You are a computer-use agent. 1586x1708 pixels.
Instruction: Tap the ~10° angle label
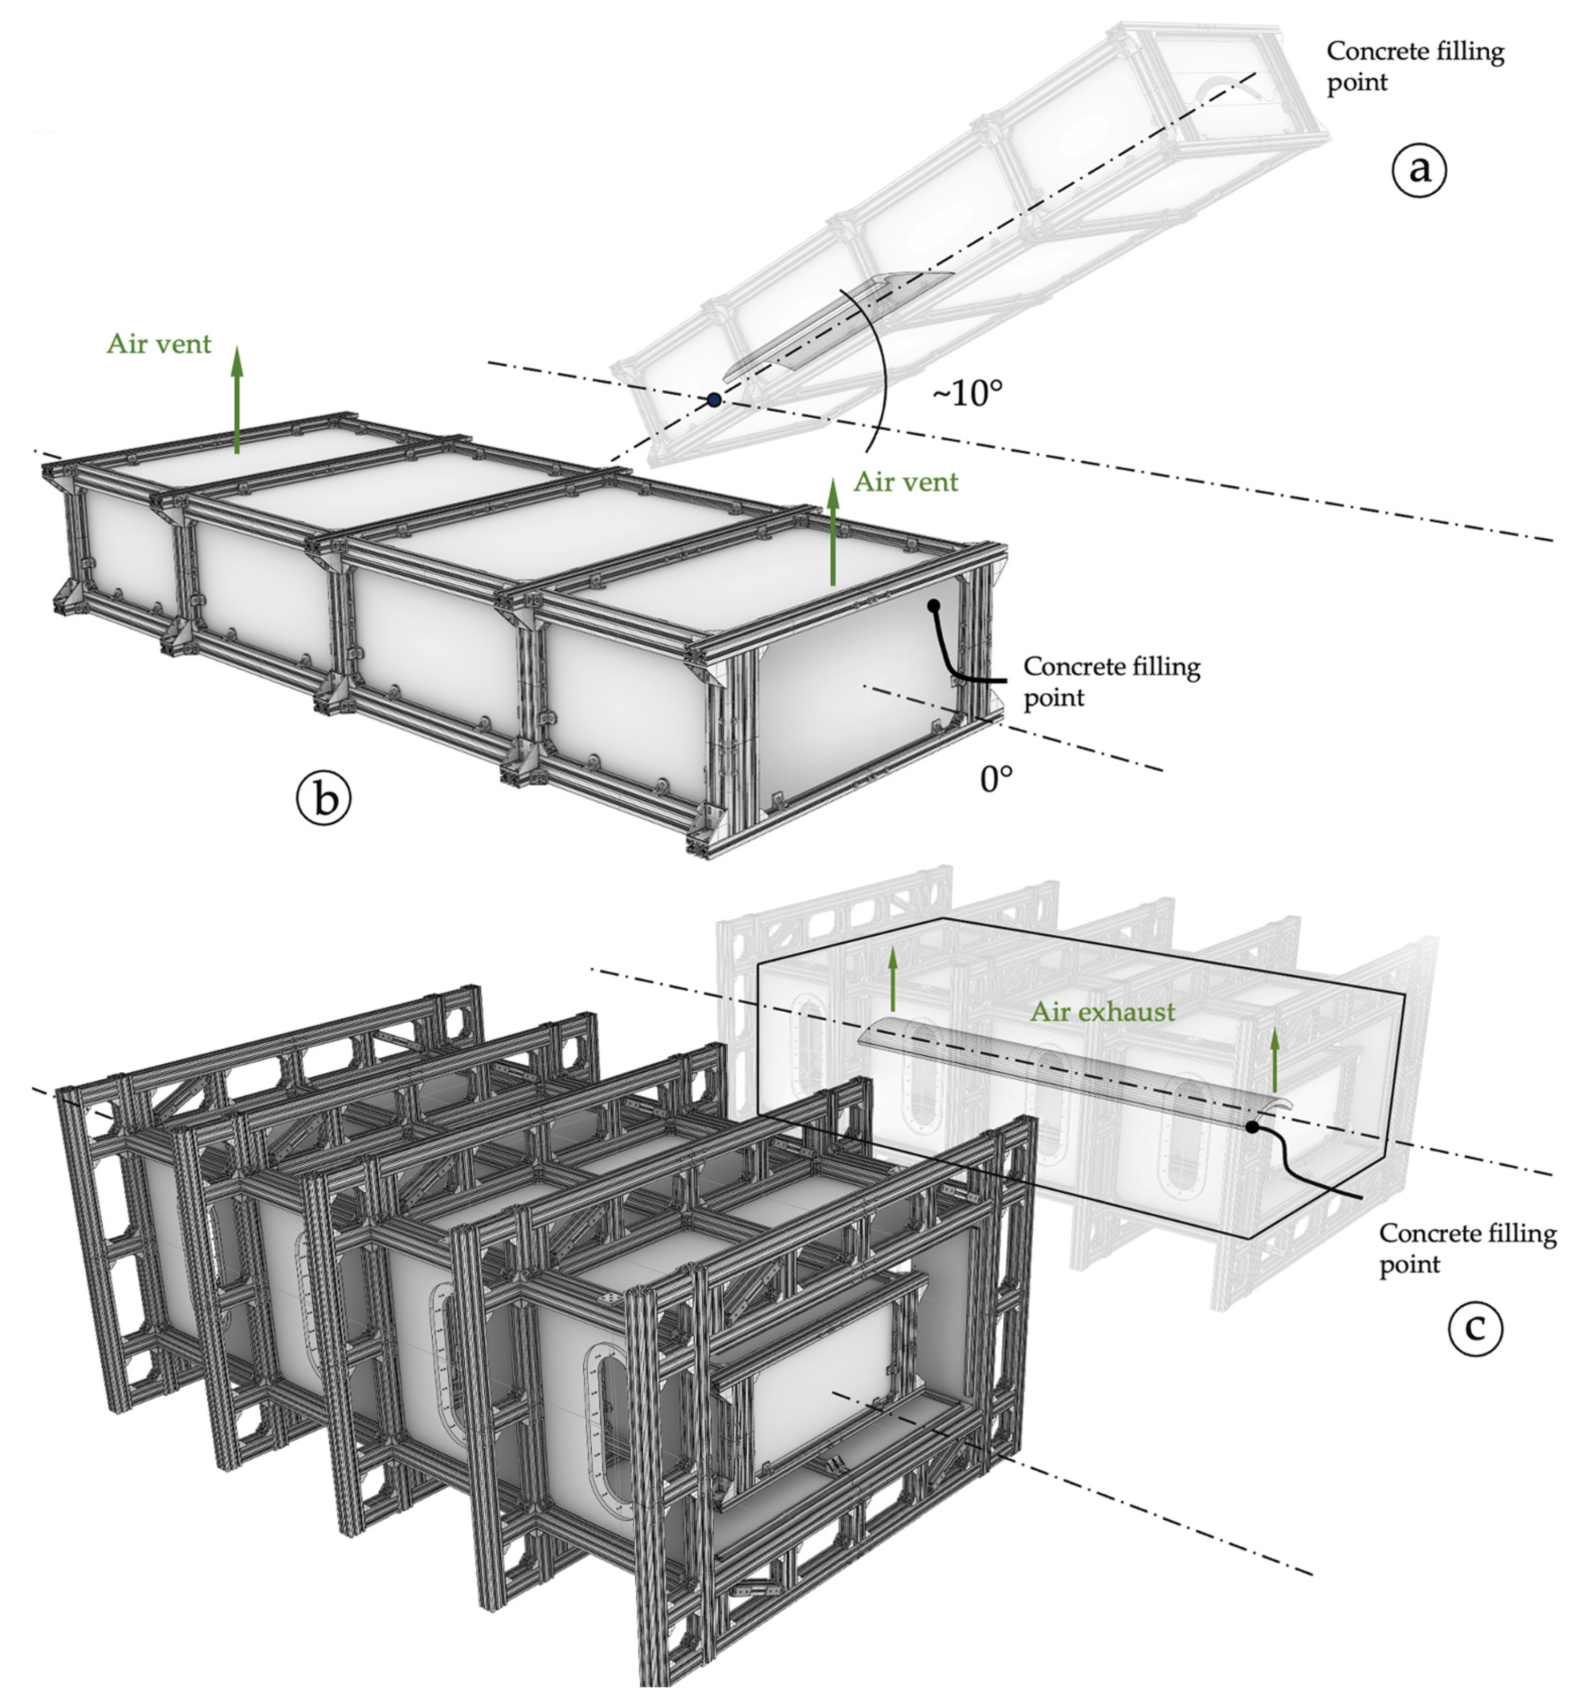(x=967, y=394)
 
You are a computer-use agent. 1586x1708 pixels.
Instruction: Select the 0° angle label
(x=996, y=779)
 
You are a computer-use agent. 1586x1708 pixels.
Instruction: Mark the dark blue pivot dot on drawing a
(x=714, y=399)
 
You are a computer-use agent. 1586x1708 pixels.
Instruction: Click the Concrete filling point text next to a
(x=1415, y=66)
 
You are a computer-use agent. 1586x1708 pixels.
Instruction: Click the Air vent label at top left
(x=159, y=344)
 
